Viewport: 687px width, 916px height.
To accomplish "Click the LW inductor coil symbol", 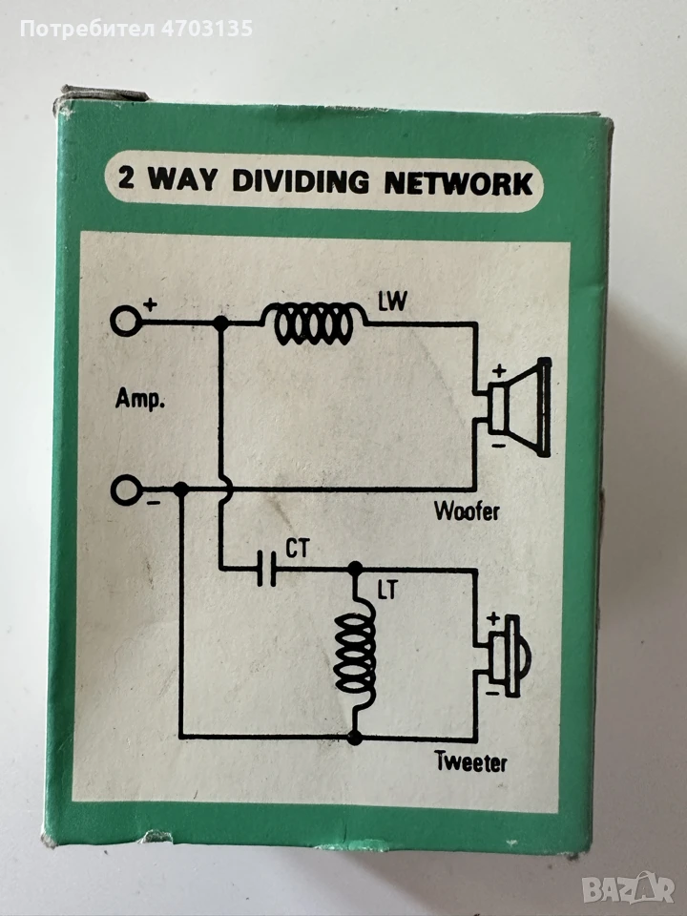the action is pyautogui.click(x=314, y=323).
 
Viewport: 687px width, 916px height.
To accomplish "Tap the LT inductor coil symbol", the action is pyautogui.click(x=355, y=652).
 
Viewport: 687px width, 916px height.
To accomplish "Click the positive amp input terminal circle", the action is pyautogui.click(x=126, y=322).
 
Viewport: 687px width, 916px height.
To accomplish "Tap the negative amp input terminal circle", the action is pyautogui.click(x=126, y=489).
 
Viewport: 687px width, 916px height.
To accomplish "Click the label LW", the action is pyautogui.click(x=392, y=302).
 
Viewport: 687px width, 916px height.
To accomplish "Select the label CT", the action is pyautogui.click(x=297, y=549).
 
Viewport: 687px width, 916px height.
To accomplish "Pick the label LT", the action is pyautogui.click(x=386, y=591).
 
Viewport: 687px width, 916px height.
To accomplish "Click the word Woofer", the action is pyautogui.click(x=467, y=511).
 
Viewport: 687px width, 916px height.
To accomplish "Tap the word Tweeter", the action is pyautogui.click(x=470, y=761).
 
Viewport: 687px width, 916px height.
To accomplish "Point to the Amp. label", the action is pyautogui.click(x=139, y=400).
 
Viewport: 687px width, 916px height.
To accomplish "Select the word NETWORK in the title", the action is pyautogui.click(x=458, y=183).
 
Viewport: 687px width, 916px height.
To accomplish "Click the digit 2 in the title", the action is pyautogui.click(x=127, y=177).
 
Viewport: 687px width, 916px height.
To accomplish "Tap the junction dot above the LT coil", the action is pyautogui.click(x=355, y=568).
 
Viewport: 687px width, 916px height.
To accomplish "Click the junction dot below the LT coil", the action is pyautogui.click(x=355, y=738).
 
